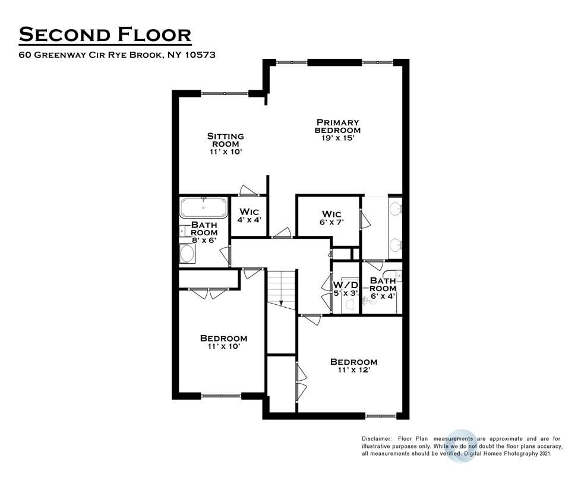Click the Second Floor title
(105, 34)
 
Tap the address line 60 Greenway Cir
(117, 55)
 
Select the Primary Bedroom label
(337, 127)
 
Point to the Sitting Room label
(225, 140)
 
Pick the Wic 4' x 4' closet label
(250, 216)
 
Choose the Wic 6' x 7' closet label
(332, 218)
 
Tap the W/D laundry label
(346, 285)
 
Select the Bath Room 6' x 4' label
(383, 288)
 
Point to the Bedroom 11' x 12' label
(354, 366)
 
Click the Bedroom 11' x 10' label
(223, 342)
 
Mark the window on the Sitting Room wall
(225, 93)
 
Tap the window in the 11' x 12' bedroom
(381, 416)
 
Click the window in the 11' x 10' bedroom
(221, 396)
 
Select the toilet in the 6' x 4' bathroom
(368, 301)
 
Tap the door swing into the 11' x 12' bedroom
(312, 320)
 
